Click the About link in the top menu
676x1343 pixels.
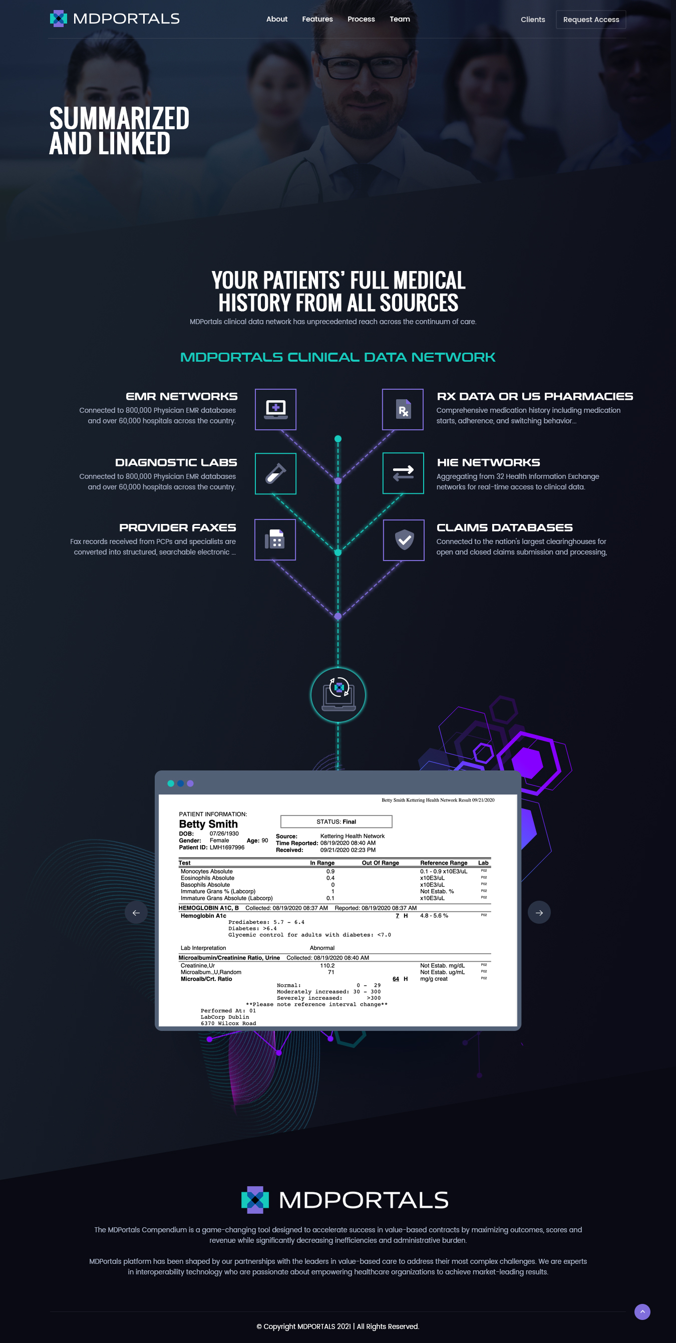[x=277, y=20]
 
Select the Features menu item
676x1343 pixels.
[x=317, y=20]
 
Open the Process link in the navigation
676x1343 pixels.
[x=361, y=20]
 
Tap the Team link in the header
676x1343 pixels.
[x=400, y=20]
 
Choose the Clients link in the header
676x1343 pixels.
[x=533, y=20]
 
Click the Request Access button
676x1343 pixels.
[x=590, y=20]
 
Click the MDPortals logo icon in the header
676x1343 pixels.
[x=59, y=19]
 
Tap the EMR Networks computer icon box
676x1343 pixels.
[x=275, y=409]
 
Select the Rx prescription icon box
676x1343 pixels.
[x=403, y=409]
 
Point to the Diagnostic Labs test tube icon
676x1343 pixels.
[x=275, y=473]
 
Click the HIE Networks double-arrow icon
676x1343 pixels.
[x=403, y=473]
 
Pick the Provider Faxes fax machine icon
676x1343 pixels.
[x=275, y=540]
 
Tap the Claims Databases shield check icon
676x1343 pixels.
[x=404, y=540]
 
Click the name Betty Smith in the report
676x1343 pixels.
[x=208, y=824]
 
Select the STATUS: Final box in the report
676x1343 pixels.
[x=336, y=822]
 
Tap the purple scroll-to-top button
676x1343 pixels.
[x=642, y=1311]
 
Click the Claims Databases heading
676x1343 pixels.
[x=504, y=527]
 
